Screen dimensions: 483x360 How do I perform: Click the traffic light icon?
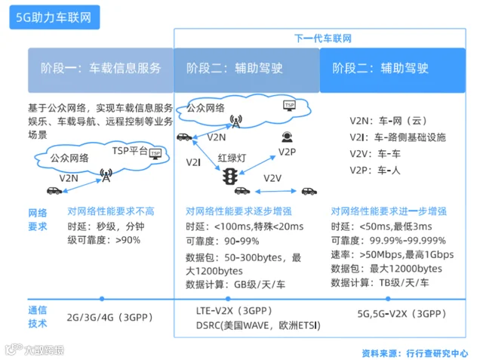[x=230, y=177]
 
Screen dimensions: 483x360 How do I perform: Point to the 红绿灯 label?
[x=232, y=158]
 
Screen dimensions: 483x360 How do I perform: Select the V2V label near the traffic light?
[x=272, y=178]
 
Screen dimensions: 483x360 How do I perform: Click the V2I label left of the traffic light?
[x=194, y=162]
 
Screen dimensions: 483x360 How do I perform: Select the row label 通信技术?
[x=37, y=316]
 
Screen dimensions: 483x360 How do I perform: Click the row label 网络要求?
[x=37, y=219]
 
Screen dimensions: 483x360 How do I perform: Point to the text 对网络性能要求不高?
[x=110, y=211]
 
